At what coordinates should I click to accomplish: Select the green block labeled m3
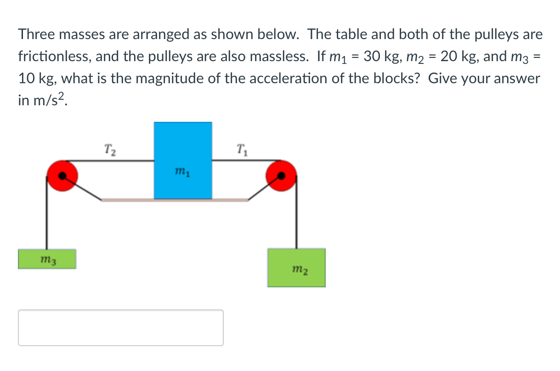[47, 259]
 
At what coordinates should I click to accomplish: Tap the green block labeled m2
[296, 268]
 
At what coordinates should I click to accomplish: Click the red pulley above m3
[62, 176]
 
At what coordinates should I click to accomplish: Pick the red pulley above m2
[281, 176]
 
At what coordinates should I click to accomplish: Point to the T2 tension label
[110, 149]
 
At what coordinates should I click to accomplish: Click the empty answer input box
[121, 328]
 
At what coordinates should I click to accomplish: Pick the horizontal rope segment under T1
[241, 160]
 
